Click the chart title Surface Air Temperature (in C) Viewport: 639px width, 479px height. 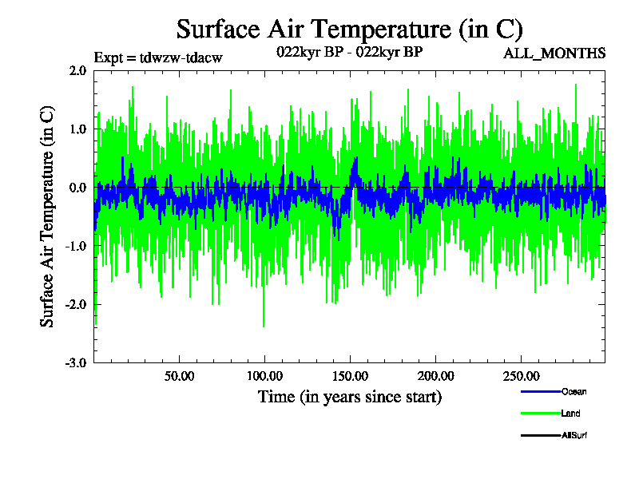click(349, 30)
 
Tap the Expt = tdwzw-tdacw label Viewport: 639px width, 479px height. click(157, 57)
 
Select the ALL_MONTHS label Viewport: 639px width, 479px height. click(554, 53)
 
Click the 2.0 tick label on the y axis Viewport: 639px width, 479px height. click(77, 70)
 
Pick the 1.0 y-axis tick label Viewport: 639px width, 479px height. click(77, 129)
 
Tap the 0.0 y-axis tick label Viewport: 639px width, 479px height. click(77, 188)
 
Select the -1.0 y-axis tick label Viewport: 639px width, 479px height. click(76, 246)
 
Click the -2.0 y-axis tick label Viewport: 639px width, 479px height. click(76, 304)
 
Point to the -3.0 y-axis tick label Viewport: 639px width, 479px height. click(76, 362)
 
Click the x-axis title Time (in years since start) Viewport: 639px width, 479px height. click(350, 397)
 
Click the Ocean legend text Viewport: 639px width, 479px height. click(574, 391)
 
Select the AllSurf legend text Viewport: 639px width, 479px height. click(575, 435)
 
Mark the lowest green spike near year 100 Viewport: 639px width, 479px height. click(264, 326)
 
